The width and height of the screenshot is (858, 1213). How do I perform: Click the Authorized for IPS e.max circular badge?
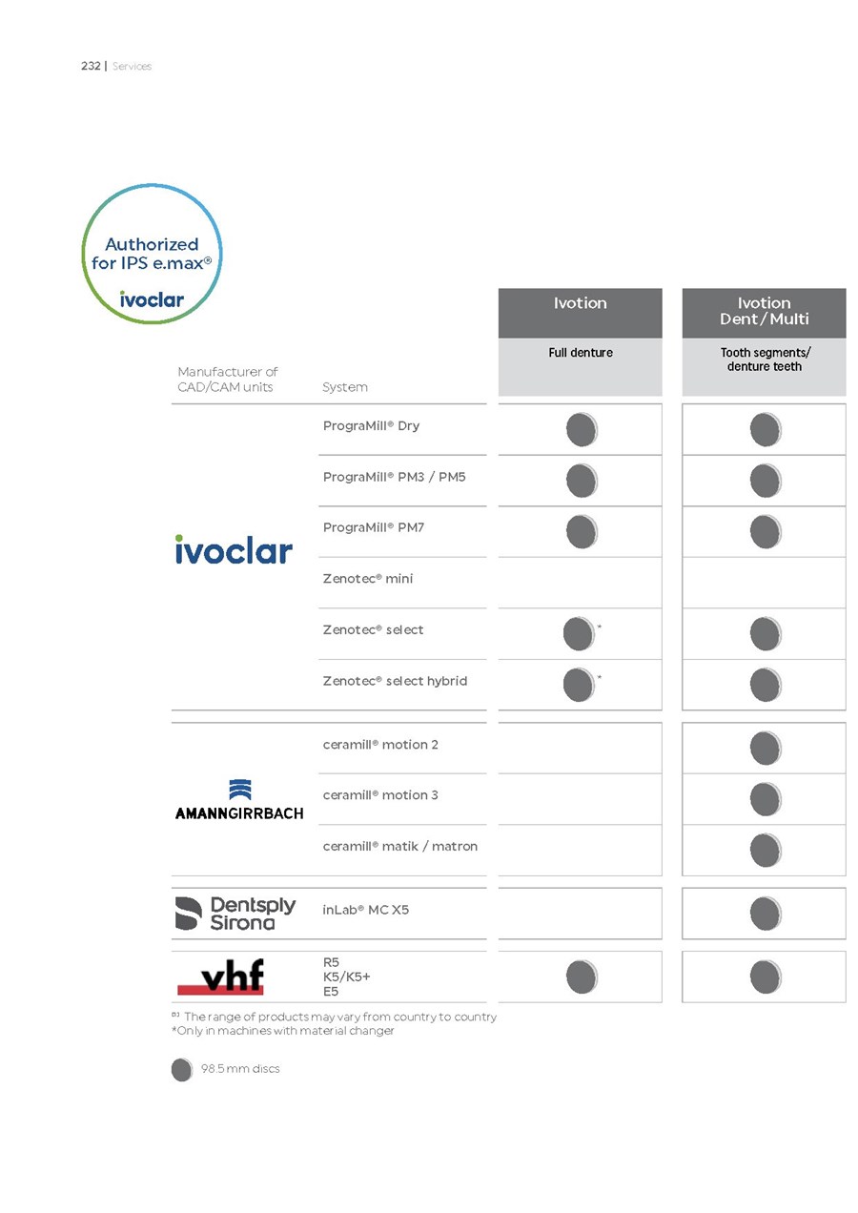[x=152, y=254]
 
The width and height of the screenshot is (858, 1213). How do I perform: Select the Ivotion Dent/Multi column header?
[x=764, y=311]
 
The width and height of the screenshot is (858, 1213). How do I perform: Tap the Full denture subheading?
[x=580, y=353]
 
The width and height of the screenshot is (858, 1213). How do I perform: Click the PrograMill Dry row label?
[x=371, y=425]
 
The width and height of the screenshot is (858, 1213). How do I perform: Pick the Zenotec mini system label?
[x=367, y=579]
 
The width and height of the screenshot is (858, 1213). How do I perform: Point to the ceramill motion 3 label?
[x=380, y=795]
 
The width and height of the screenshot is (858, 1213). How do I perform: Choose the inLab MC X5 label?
[x=365, y=910]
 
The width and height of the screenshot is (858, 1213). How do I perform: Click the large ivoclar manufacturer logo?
[x=234, y=549]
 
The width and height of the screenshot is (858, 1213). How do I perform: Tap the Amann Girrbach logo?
[x=239, y=799]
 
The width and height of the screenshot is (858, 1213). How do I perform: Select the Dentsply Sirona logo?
[x=235, y=913]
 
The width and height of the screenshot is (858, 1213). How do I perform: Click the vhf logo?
[x=220, y=977]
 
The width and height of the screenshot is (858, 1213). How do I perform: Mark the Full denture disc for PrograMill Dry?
[x=582, y=430]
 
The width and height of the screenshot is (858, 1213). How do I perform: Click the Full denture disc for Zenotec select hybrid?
[x=579, y=684]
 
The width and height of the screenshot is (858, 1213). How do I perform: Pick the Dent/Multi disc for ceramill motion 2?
[x=766, y=749]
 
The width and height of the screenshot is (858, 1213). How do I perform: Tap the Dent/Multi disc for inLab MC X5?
[x=766, y=914]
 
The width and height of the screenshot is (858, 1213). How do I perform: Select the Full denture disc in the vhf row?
[x=582, y=977]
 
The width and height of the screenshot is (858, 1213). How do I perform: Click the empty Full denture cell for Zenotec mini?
[x=580, y=583]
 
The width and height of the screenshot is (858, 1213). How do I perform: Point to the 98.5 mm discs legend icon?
[x=181, y=1070]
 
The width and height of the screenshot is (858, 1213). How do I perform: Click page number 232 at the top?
[x=91, y=66]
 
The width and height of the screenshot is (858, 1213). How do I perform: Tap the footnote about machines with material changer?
[x=282, y=1031]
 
